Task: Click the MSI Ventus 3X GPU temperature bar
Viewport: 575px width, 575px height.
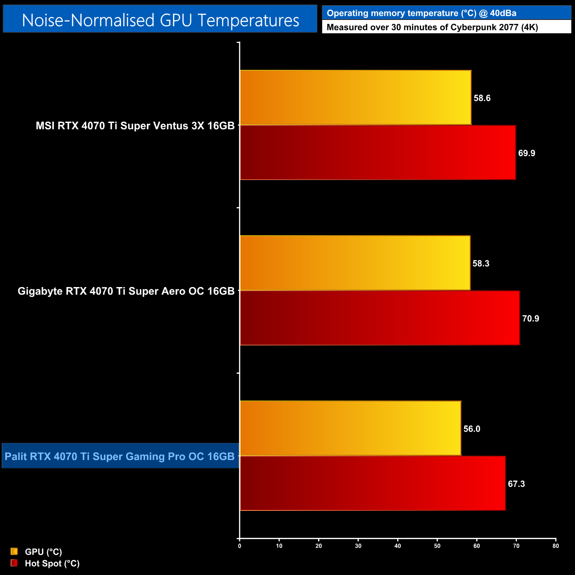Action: [x=356, y=98]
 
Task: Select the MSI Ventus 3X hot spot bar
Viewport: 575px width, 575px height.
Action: [x=378, y=153]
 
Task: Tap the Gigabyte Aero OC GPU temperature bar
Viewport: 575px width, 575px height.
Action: [x=355, y=263]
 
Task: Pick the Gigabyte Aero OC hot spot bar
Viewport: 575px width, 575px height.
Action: [x=379, y=318]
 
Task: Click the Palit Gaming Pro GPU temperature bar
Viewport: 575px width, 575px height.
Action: [x=350, y=428]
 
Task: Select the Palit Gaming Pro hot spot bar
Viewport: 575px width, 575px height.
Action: [x=372, y=483]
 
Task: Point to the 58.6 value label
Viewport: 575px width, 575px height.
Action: [x=482, y=98]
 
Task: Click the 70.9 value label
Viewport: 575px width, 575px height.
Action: [x=530, y=318]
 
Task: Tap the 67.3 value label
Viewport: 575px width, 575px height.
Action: [x=516, y=484]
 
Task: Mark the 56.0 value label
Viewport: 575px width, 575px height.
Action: [x=471, y=429]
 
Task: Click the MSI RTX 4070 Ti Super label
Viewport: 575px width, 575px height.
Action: [x=135, y=126]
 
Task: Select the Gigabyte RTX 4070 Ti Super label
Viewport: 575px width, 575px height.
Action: [x=126, y=291]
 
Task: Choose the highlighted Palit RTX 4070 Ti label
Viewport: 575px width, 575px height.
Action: [x=120, y=456]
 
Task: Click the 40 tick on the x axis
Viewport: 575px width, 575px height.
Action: [x=398, y=546]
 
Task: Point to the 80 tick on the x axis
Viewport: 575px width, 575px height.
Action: [x=556, y=546]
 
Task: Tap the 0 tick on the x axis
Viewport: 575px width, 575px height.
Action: [x=240, y=546]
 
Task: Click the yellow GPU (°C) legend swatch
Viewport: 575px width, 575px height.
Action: [x=14, y=552]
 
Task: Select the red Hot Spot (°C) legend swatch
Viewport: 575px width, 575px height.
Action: [x=14, y=563]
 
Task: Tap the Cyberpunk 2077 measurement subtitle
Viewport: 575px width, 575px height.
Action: [x=432, y=27]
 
